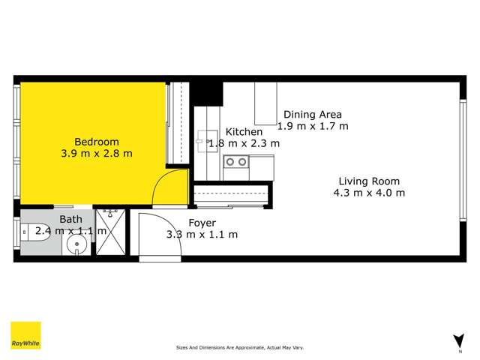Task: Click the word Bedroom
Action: pos(96,142)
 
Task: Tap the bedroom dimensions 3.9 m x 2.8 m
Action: pos(96,154)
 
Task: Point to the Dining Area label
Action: pos(312,115)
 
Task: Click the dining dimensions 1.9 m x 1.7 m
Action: pos(314,126)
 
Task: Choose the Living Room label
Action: pos(368,181)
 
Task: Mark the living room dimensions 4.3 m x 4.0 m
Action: pos(368,193)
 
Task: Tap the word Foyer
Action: pos(202,223)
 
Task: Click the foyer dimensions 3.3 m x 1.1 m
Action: pos(202,235)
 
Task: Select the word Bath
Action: pos(70,220)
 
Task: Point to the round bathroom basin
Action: pos(75,245)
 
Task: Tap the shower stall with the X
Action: pos(112,233)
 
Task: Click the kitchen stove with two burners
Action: pos(238,161)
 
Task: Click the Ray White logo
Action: pos(25,335)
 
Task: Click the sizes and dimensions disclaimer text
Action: pos(239,348)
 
